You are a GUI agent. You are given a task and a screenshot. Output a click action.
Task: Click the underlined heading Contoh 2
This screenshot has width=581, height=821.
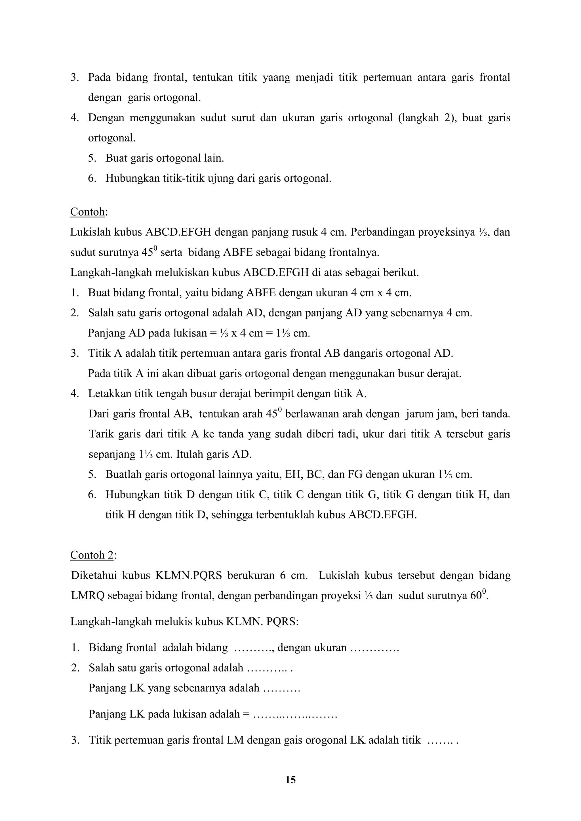click(x=92, y=555)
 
